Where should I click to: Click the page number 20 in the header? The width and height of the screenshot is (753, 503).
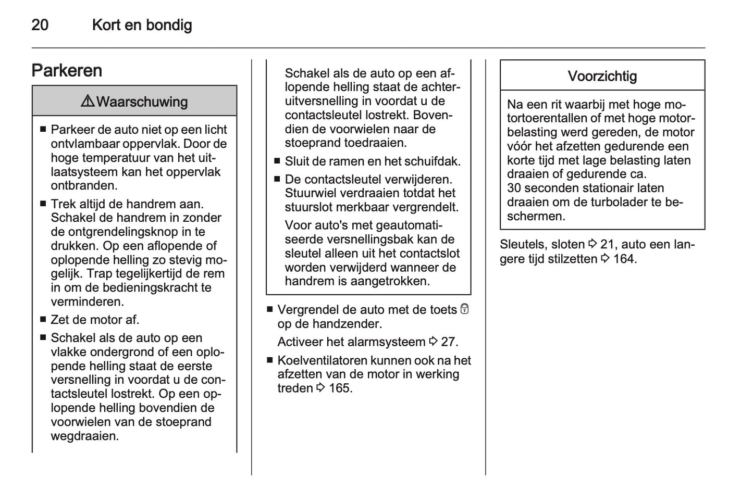pos(40,25)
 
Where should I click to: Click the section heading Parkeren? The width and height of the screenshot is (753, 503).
pos(67,70)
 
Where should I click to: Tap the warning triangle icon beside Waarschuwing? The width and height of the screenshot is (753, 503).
pos(88,101)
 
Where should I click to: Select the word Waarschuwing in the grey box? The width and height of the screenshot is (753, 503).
pos(142,102)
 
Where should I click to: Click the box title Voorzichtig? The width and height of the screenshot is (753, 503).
pos(602,77)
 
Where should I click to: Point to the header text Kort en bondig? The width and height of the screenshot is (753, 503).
pos(142,25)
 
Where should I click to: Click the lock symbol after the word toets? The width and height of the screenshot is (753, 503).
pos(465,309)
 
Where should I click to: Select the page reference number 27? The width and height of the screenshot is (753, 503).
pos(449,342)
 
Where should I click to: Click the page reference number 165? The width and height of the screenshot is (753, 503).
pos(340,388)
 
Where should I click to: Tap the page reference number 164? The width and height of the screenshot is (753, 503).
pos(624,259)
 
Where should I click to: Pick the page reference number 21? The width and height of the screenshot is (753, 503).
pos(608,244)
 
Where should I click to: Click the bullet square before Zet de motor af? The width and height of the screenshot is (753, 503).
pos(43,320)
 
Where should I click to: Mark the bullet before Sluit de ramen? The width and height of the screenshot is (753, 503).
pos(277,161)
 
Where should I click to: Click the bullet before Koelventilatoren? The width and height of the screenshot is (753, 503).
pos(270,360)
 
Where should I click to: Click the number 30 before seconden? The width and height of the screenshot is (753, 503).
pos(514,188)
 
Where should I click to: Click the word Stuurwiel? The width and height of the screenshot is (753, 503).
pos(311,194)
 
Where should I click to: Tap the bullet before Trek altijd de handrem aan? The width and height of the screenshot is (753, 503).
pos(43,204)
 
